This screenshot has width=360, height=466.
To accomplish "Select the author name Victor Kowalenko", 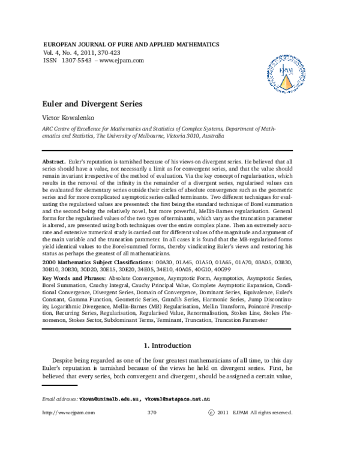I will coord(68,118).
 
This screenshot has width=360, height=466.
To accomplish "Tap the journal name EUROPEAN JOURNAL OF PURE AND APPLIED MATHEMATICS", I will coord(131,44).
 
